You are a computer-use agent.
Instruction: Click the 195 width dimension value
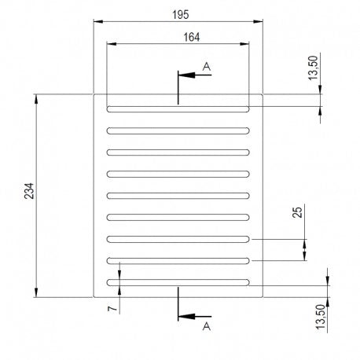[181, 15]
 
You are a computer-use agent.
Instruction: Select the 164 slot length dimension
[192, 37]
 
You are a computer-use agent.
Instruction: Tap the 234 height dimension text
[29, 191]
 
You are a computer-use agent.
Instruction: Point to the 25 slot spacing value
[297, 212]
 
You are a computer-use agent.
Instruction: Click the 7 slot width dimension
[112, 308]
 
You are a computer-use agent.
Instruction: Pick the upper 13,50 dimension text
[313, 68]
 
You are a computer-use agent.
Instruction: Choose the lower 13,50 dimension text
[321, 317]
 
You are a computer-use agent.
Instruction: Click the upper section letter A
[207, 67]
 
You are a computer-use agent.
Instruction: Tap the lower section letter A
[207, 326]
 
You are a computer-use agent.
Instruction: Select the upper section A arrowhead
[186, 75]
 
